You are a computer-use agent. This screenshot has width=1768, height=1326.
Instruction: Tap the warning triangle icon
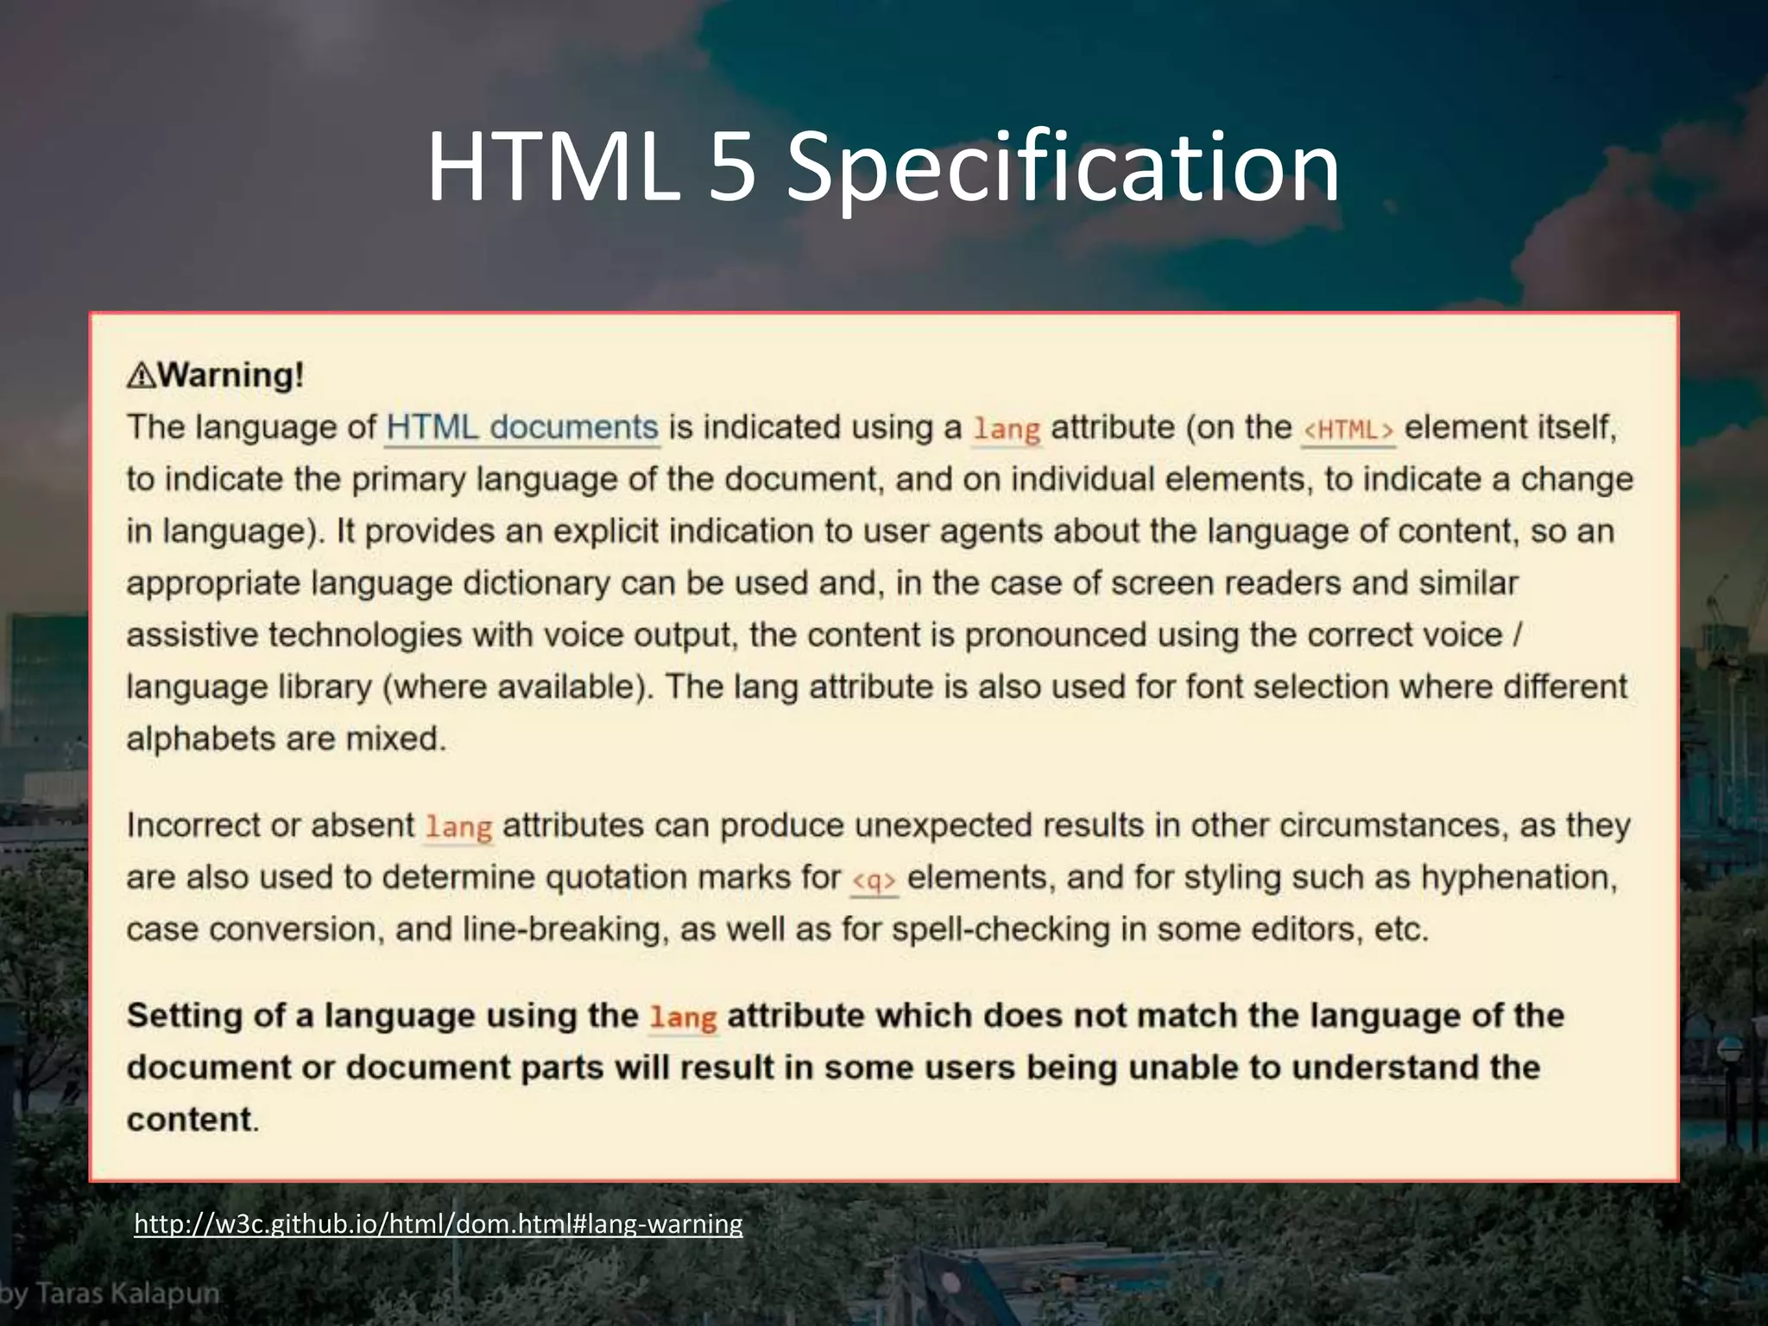(142, 376)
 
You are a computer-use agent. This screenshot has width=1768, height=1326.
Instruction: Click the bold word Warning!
(230, 376)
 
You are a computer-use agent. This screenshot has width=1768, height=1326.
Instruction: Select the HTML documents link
(522, 428)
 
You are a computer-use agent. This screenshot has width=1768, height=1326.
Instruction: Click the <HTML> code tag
(1348, 430)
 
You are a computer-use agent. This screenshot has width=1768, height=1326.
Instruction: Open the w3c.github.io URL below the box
(438, 1223)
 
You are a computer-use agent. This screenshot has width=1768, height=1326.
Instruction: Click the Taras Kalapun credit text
(110, 1293)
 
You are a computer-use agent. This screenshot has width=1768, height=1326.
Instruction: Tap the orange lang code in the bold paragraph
(683, 1018)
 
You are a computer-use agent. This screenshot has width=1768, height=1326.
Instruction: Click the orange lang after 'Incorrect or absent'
(458, 827)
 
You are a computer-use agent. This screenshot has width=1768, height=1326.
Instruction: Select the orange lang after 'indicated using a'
(1007, 429)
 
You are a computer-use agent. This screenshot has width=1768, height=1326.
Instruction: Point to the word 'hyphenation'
(1518, 878)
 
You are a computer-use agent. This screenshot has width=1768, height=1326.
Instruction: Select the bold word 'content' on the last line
(189, 1120)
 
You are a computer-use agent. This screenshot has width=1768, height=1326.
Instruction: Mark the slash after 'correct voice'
(1518, 635)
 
